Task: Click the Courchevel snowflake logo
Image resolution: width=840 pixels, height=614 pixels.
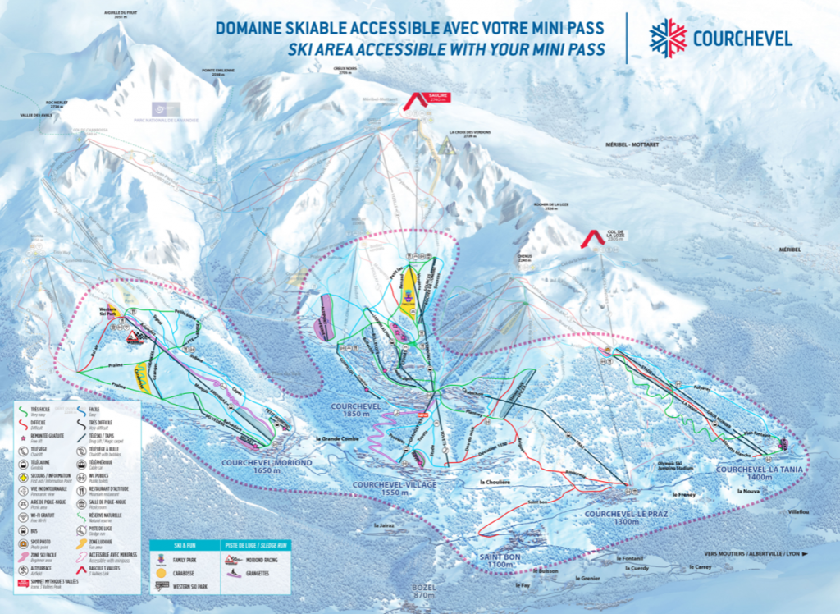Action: (x=668, y=38)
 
